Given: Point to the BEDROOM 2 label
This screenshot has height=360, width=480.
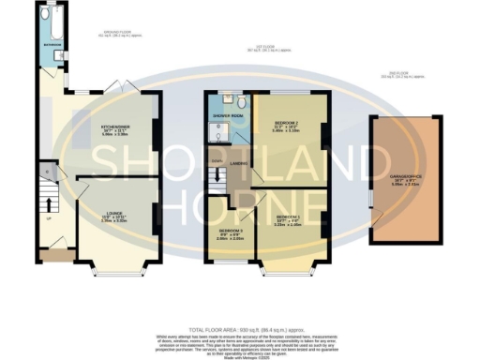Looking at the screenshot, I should pyautogui.click(x=286, y=125).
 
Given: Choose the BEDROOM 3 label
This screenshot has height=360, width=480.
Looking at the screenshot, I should pyautogui.click(x=230, y=231).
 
